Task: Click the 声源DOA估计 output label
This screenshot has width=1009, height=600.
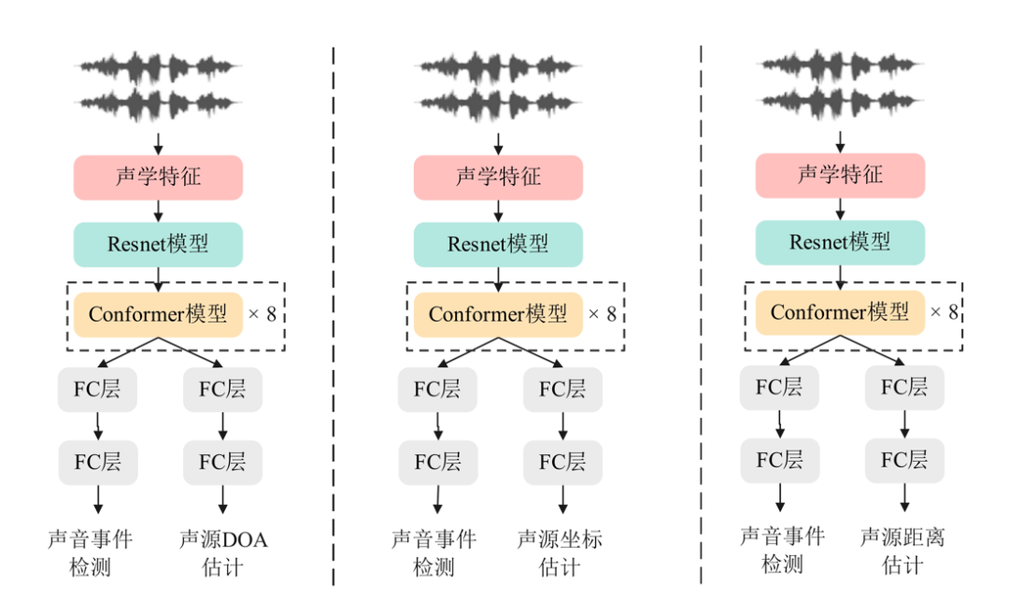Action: pyautogui.click(x=222, y=553)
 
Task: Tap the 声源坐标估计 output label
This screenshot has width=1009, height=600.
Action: pyautogui.click(x=560, y=553)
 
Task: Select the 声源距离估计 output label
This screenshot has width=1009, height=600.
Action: pyautogui.click(x=902, y=550)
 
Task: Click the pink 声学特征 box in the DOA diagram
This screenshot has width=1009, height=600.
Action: pyautogui.click(x=158, y=178)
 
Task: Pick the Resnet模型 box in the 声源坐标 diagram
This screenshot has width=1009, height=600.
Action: pyautogui.click(x=498, y=245)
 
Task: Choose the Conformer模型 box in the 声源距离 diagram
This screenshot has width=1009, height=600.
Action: pyautogui.click(x=839, y=312)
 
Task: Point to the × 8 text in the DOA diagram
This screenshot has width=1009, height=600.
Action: pyautogui.click(x=262, y=314)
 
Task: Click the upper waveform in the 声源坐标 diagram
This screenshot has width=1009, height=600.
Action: pyautogui.click(x=498, y=67)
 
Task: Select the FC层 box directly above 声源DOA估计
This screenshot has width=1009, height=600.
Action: pyautogui.click(x=222, y=462)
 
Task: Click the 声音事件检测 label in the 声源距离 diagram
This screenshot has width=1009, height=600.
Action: pyautogui.click(x=782, y=550)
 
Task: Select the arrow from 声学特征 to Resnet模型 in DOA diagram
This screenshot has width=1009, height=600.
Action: pyautogui.click(x=158, y=211)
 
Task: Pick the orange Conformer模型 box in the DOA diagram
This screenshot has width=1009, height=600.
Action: pyautogui.click(x=158, y=314)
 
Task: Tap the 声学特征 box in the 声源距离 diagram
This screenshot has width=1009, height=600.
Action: pyautogui.click(x=839, y=175)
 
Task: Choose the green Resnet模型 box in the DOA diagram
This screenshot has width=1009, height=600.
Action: pyautogui.click(x=158, y=245)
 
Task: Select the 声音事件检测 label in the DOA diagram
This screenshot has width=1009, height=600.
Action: pyautogui.click(x=91, y=553)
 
